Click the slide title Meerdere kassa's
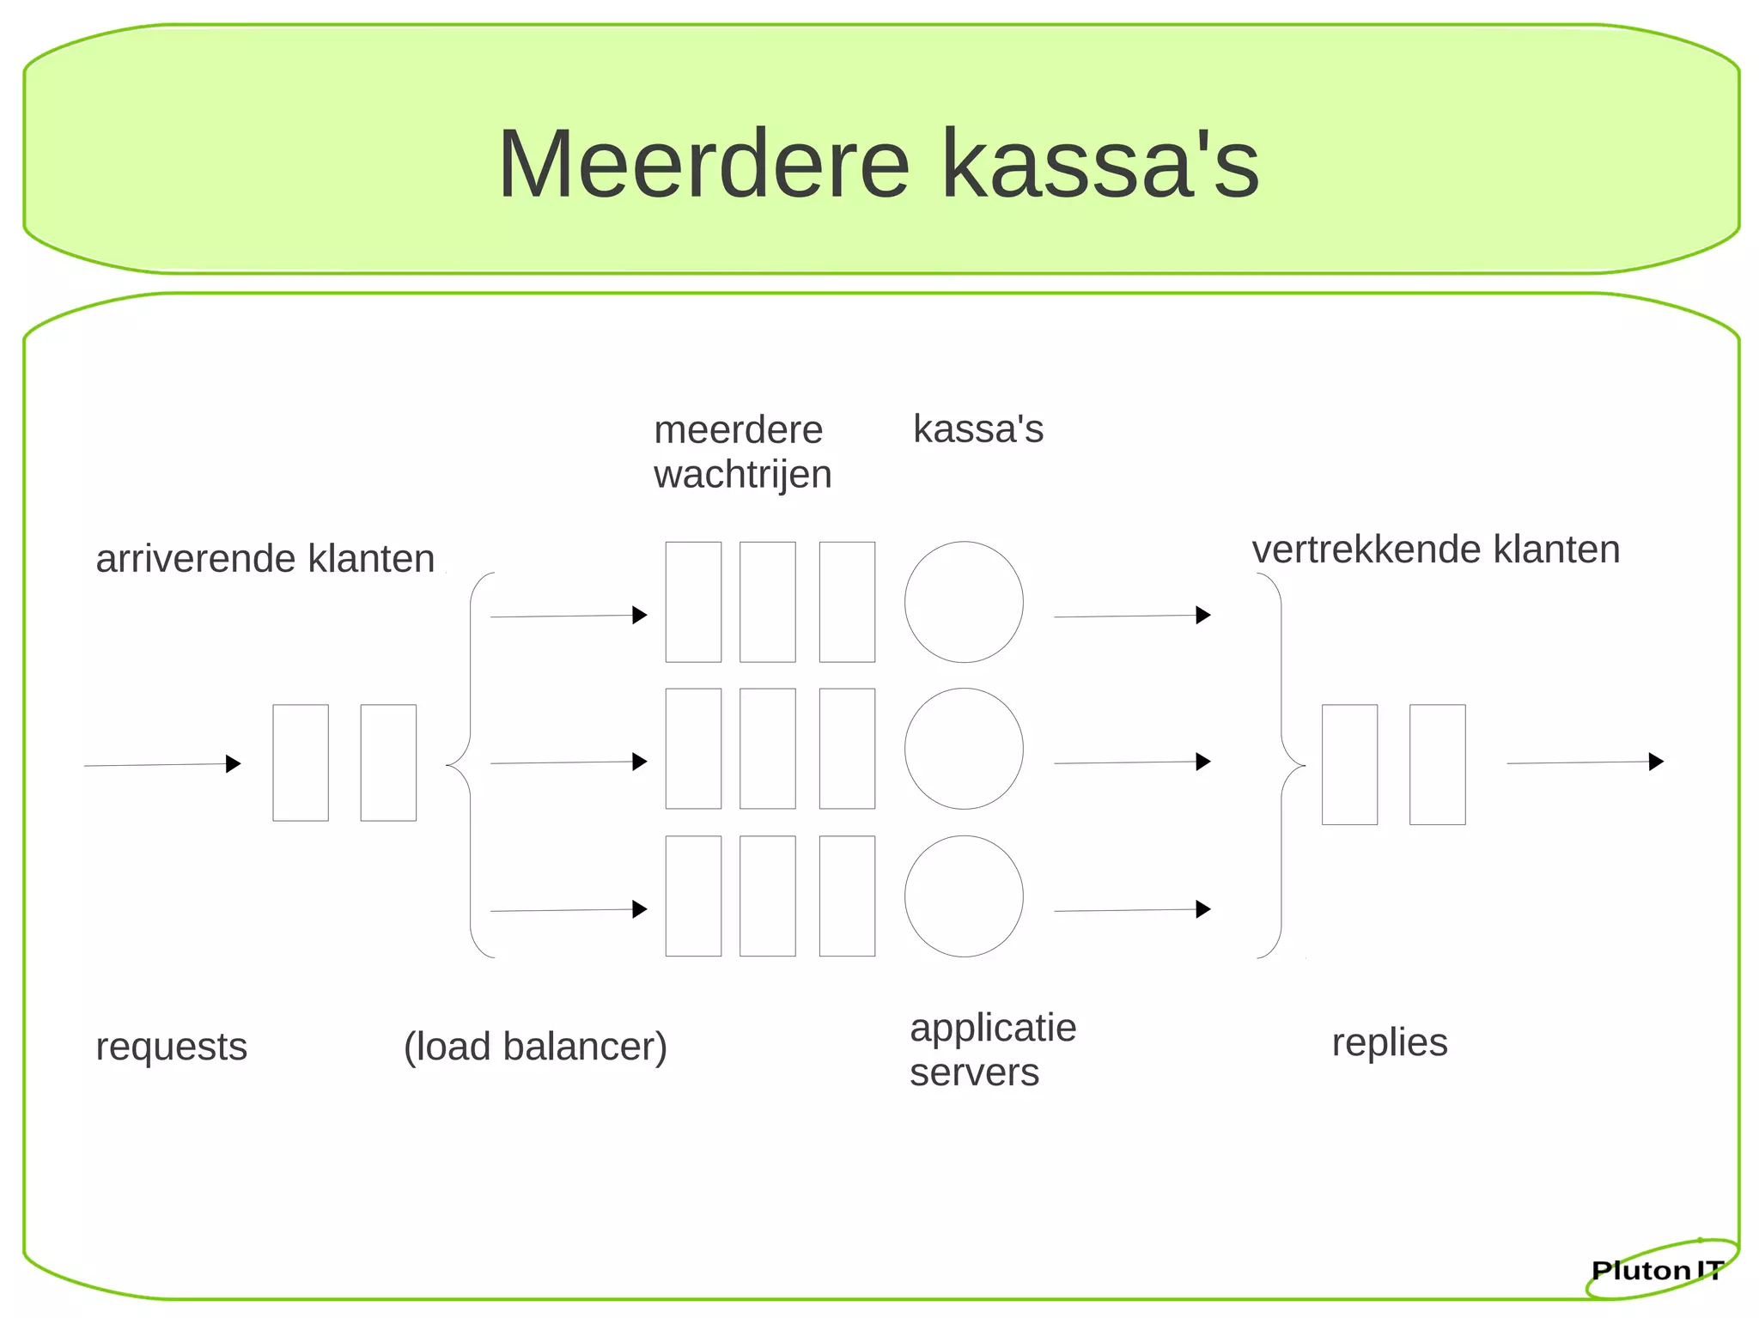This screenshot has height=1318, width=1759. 878,163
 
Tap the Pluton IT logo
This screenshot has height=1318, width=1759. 1657,1270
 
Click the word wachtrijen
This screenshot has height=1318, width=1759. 742,475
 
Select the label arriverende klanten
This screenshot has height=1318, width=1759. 265,559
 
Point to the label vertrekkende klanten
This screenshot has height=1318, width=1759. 1435,550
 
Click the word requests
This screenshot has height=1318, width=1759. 171,1047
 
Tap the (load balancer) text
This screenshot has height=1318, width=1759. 535,1047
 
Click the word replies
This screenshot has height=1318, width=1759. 1389,1042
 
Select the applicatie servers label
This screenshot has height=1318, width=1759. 992,1049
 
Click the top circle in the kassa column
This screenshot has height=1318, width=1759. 964,602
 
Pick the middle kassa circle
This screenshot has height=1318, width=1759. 964,749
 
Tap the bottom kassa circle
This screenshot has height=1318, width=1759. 964,896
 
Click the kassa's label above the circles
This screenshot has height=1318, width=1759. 977,428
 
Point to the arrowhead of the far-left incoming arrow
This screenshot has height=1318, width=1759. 233,763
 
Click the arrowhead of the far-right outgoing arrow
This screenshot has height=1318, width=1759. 1656,762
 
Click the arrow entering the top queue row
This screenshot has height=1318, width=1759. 568,616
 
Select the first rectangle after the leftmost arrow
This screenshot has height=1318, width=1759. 301,762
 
